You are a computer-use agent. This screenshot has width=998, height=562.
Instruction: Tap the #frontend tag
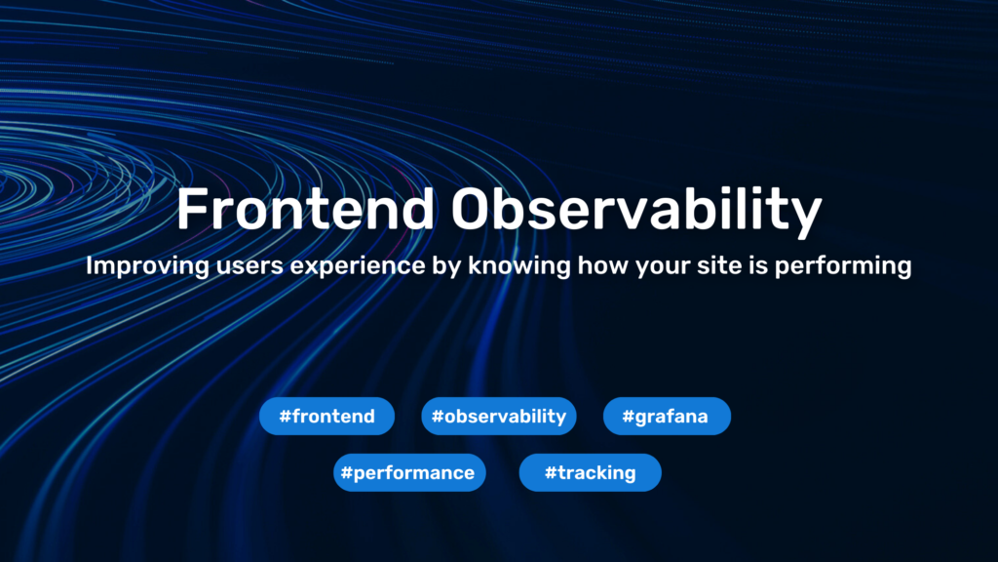(x=326, y=417)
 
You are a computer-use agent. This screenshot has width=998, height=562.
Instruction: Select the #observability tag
(x=499, y=417)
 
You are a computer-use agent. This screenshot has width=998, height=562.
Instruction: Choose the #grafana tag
(x=668, y=417)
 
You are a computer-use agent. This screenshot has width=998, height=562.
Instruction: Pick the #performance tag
(x=409, y=473)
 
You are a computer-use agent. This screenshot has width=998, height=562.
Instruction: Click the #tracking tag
(x=590, y=473)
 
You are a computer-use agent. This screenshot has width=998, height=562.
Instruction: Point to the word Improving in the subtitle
(x=135, y=266)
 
